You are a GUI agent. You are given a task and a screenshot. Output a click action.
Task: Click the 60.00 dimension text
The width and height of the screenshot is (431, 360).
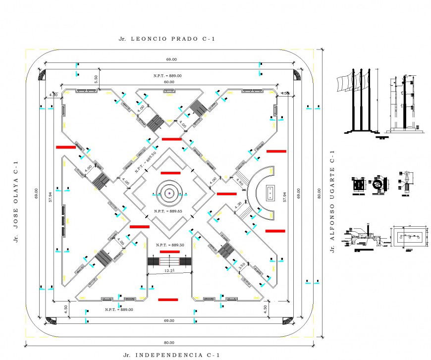point(169,82)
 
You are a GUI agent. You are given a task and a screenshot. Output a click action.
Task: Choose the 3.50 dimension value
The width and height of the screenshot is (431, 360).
point(242,265)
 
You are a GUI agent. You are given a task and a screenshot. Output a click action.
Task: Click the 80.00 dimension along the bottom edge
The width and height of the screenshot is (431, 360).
point(169,342)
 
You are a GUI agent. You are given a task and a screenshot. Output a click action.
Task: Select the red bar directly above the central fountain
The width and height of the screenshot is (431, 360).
point(170,173)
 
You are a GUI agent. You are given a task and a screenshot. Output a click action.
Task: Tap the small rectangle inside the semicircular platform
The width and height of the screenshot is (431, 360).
point(270,193)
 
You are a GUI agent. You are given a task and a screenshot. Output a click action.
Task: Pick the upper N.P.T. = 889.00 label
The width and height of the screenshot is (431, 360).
point(167,75)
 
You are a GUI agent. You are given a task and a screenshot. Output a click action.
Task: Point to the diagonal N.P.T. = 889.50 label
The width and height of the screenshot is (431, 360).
point(145,162)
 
